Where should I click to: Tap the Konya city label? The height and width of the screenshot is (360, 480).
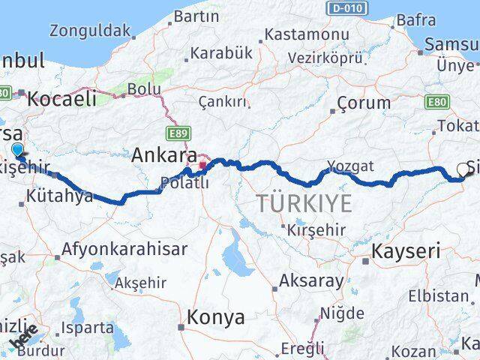pyautogui.click(x=216, y=317)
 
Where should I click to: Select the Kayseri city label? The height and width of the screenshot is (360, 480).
pyautogui.click(x=406, y=251)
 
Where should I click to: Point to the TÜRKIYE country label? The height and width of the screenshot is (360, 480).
pyautogui.click(x=304, y=202)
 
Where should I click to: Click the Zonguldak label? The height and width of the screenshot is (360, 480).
pyautogui.click(x=89, y=31)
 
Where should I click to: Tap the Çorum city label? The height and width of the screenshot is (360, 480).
pyautogui.click(x=364, y=103)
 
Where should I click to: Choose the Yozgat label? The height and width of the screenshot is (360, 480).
pyautogui.click(x=350, y=165)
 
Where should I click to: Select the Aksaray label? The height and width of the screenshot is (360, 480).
pyautogui.click(x=305, y=281)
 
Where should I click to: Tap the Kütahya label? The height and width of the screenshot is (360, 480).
pyautogui.click(x=59, y=196)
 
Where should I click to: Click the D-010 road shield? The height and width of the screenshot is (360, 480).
pyautogui.click(x=346, y=7)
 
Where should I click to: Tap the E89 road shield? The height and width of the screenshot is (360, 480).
pyautogui.click(x=178, y=133)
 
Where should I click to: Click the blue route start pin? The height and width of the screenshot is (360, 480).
pyautogui.click(x=18, y=150)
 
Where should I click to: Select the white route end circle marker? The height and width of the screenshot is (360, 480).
pyautogui.click(x=463, y=169)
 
